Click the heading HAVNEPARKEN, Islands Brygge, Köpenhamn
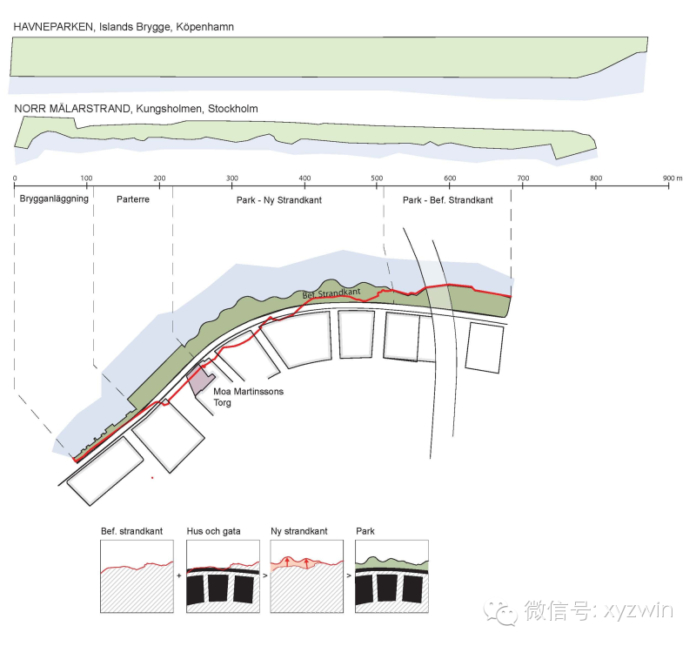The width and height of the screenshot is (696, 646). click(123, 27)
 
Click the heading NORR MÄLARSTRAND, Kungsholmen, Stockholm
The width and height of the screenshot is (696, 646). click(136, 109)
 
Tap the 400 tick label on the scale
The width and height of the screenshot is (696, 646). click(304, 178)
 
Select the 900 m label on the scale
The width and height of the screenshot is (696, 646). click(673, 178)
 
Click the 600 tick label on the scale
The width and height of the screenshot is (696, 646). click(450, 178)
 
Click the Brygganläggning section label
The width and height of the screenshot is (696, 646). click(53, 199)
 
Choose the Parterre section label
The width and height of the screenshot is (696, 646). click(133, 199)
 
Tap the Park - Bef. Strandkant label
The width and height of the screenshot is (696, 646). click(448, 199)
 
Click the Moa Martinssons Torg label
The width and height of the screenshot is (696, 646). click(248, 397)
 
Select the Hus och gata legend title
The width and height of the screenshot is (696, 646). click(213, 530)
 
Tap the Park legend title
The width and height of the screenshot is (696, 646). click(365, 530)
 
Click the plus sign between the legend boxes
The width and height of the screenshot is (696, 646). click(181, 575)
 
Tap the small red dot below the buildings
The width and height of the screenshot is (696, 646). click(152, 477)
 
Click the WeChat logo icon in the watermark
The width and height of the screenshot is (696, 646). click(502, 611)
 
